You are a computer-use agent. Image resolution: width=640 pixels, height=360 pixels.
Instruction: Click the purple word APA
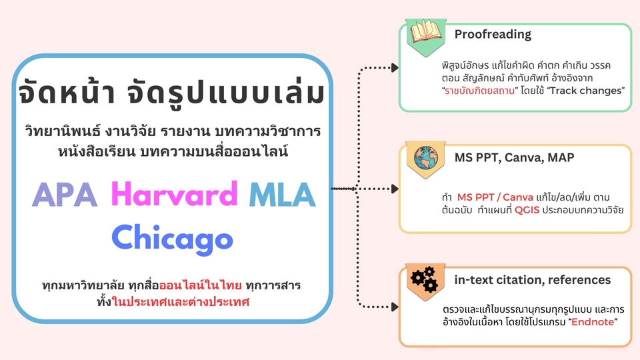[65, 195]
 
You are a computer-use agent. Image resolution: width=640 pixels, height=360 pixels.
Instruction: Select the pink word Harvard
[174, 194]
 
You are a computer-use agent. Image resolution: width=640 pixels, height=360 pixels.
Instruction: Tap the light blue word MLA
[281, 195]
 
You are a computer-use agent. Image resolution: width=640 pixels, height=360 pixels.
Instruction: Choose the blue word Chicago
[172, 237]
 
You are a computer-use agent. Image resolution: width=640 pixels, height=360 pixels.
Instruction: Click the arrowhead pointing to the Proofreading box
[395, 67]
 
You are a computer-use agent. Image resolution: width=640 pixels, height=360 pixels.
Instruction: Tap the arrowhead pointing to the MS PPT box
[395, 189]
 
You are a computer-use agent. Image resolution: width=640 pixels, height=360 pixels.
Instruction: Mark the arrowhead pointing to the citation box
[395, 307]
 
